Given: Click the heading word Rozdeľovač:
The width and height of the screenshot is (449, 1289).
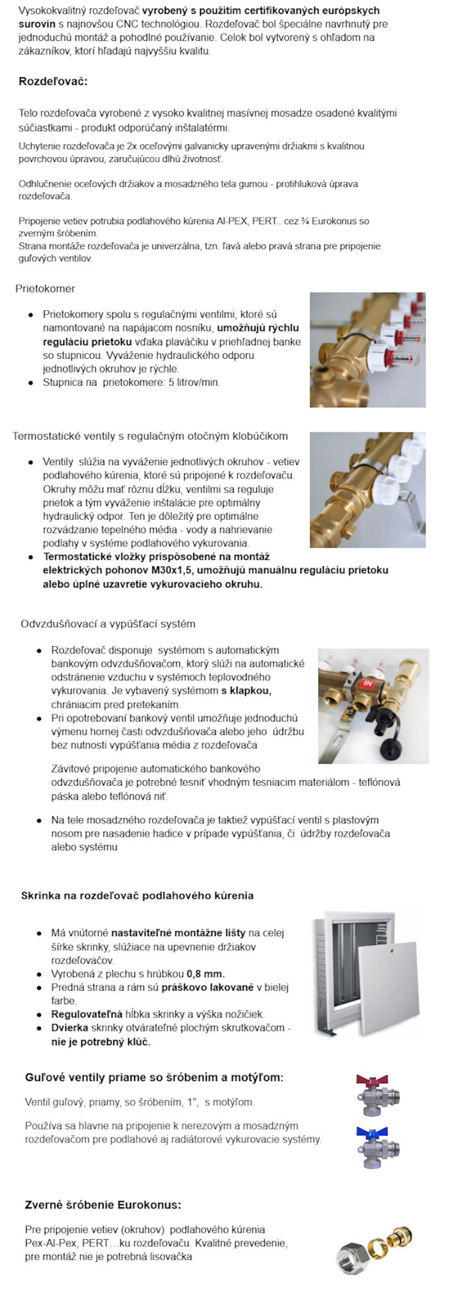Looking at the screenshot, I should tap(53, 81).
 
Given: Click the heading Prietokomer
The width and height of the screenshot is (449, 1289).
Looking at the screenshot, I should tap(45, 288).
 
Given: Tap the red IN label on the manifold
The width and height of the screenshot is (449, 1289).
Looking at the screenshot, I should tap(368, 683).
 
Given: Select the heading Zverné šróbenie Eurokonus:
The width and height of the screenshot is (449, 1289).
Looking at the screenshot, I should tap(103, 1205).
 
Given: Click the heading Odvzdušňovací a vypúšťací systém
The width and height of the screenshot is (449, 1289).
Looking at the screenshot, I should tap(108, 624).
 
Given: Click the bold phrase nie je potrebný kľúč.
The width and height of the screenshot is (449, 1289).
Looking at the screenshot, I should tap(101, 1042).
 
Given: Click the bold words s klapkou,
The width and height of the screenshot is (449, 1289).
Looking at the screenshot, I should tap(246, 691).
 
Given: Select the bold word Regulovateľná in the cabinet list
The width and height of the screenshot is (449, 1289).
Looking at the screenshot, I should tap(87, 1014).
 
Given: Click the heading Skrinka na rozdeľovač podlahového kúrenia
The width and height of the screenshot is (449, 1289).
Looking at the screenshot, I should tap(137, 895).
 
